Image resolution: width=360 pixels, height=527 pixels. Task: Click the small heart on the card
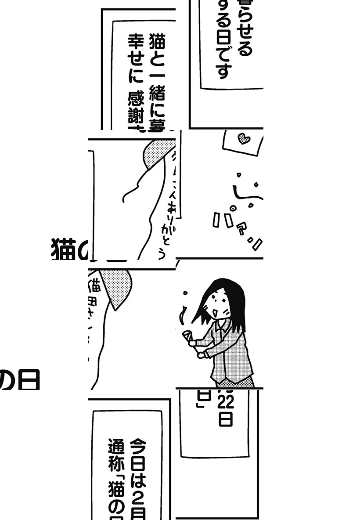pos(243,139)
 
